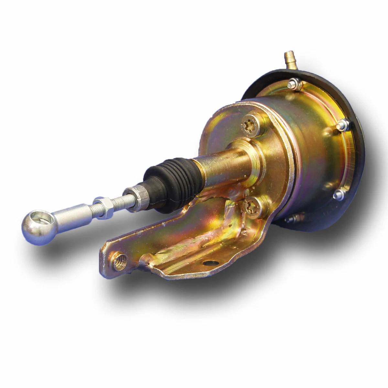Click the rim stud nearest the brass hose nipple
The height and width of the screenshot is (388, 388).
(294, 84)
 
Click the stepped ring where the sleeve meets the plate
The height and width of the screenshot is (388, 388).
(255, 155)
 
